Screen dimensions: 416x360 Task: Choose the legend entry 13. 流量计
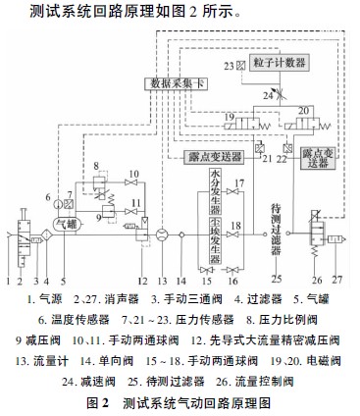pos(35,360)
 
